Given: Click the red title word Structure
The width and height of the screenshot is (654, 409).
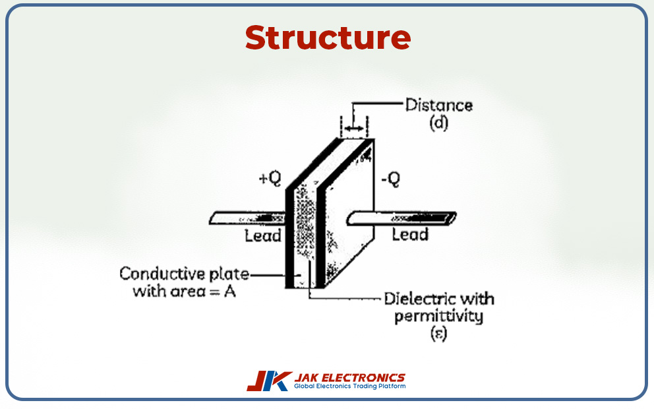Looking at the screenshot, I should (x=328, y=38).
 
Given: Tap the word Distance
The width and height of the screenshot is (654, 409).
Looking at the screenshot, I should (x=438, y=105).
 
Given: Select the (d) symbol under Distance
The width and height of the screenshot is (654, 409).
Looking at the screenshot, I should (x=438, y=123).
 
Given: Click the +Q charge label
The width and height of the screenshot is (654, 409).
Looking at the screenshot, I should (x=270, y=179).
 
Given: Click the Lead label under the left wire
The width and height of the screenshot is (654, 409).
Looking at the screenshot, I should (x=263, y=236).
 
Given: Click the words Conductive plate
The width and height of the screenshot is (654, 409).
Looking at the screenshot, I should (x=185, y=274).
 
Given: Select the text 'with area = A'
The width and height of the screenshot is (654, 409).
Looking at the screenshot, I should (x=184, y=291).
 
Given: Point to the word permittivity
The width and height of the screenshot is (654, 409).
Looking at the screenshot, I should (x=438, y=316).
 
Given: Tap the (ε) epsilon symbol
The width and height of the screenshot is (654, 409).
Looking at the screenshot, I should (x=438, y=334).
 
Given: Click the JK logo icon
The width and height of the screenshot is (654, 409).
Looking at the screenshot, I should (x=268, y=381).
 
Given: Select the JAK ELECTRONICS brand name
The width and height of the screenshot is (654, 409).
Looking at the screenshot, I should (x=349, y=377).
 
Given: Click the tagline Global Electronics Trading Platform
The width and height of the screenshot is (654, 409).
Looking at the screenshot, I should (x=349, y=387).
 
